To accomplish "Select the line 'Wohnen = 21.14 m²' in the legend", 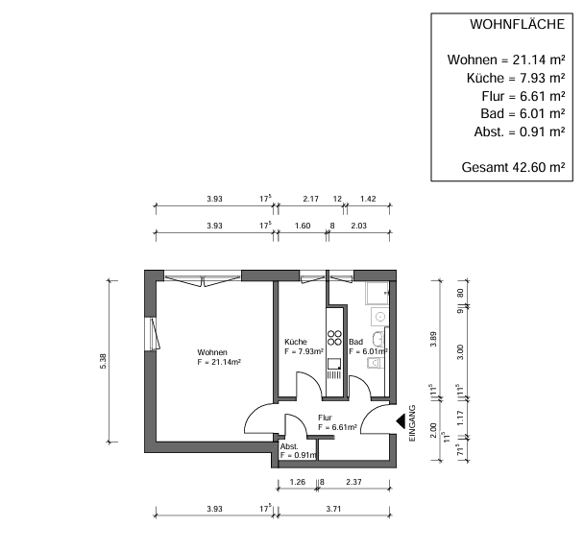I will [505, 60].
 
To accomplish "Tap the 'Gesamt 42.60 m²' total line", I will [513, 167].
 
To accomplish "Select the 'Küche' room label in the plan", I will [296, 342].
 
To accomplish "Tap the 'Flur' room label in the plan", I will [326, 418].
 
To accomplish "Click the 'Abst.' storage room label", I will [289, 447].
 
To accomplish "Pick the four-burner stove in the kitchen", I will [335, 337].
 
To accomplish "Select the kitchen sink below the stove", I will [334, 364].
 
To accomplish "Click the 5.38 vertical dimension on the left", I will [117, 362].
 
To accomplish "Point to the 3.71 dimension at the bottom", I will [333, 509].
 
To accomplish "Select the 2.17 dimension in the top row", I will [310, 200].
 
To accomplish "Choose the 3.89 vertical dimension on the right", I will [434, 339].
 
